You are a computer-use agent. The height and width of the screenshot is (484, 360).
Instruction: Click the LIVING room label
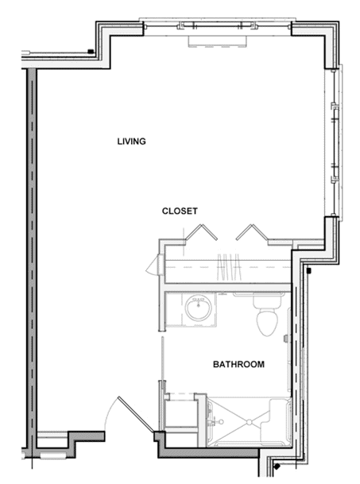tap(131, 141)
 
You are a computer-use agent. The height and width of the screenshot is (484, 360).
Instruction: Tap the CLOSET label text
tap(180, 211)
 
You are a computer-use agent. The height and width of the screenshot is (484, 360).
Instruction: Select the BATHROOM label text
tap(238, 365)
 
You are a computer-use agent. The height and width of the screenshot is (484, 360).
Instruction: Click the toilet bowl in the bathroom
tap(267, 323)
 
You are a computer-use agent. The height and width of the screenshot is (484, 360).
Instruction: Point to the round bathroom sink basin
tap(199, 308)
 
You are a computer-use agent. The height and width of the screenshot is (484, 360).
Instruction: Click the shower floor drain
tap(249, 422)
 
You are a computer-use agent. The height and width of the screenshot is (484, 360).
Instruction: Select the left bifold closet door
tap(201, 232)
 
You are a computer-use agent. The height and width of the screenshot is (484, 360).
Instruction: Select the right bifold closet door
tap(252, 232)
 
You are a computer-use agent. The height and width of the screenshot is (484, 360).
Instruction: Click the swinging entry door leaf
tap(136, 414)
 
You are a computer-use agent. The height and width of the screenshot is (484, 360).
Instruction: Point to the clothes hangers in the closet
tap(229, 267)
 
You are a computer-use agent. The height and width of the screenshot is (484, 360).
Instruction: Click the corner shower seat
tap(280, 415)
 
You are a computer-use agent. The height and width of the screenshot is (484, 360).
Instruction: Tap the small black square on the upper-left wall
tap(91, 51)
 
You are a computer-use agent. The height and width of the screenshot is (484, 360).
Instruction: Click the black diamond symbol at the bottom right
tap(277, 467)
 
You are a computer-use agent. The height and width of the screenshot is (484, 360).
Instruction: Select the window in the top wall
tap(218, 26)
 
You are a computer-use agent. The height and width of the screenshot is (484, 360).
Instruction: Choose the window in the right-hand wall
tap(335, 142)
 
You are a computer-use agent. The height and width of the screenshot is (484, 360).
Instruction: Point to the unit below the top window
tap(218, 41)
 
